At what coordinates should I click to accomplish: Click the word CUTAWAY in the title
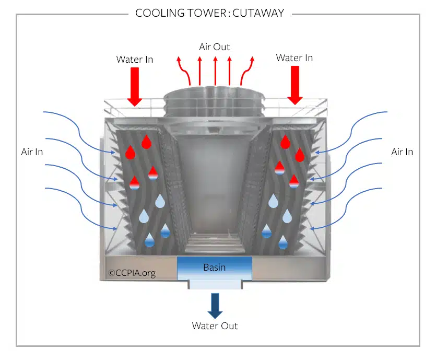pos(258,13)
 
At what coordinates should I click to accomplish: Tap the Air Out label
pos(215,47)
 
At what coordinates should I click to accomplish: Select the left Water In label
pos(135,59)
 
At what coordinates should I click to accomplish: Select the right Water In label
pos(294,58)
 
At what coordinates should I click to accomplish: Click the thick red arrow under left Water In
pos(135,87)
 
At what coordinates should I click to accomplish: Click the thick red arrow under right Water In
pos(294,85)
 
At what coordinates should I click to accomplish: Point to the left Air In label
pos(32,152)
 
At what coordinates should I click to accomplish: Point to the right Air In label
pos(402,152)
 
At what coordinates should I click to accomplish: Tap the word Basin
pos(215,268)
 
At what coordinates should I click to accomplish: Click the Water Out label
pos(215,326)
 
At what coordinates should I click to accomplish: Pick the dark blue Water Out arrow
pos(215,306)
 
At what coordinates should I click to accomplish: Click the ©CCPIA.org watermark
pos(132,273)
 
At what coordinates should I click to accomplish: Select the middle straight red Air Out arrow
pos(215,71)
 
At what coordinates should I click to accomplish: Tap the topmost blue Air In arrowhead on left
pos(113,152)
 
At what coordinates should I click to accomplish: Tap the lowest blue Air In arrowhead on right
pos(312,228)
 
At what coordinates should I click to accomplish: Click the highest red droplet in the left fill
pos(147,142)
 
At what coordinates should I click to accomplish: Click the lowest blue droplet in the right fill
pos(283,242)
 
